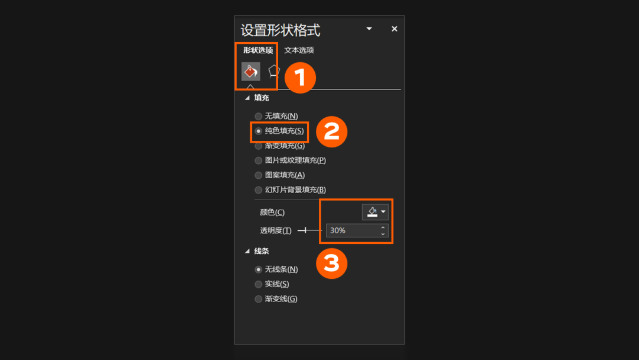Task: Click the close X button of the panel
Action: pos(394,29)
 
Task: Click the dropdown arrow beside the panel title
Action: pos(369,28)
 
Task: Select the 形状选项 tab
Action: pos(258,50)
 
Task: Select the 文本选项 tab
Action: pos(299,50)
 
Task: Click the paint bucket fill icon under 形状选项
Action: pos(251,71)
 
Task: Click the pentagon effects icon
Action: pos(274,71)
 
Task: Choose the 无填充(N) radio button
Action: pos(259,116)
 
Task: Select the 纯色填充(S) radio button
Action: pos(259,131)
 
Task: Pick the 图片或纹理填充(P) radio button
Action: pos(259,160)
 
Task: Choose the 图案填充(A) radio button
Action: pos(259,175)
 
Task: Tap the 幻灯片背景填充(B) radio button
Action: pos(259,189)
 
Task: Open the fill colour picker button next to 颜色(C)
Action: pos(375,211)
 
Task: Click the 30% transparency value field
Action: pos(353,230)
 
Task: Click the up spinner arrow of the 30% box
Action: pos(383,227)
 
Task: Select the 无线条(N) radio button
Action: pos(259,269)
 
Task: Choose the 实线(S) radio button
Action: pos(259,284)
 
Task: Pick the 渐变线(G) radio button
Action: pos(259,299)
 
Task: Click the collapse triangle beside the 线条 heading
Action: pos(247,251)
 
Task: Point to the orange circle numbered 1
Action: pos(301,78)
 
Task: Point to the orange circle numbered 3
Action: pos(332,263)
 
